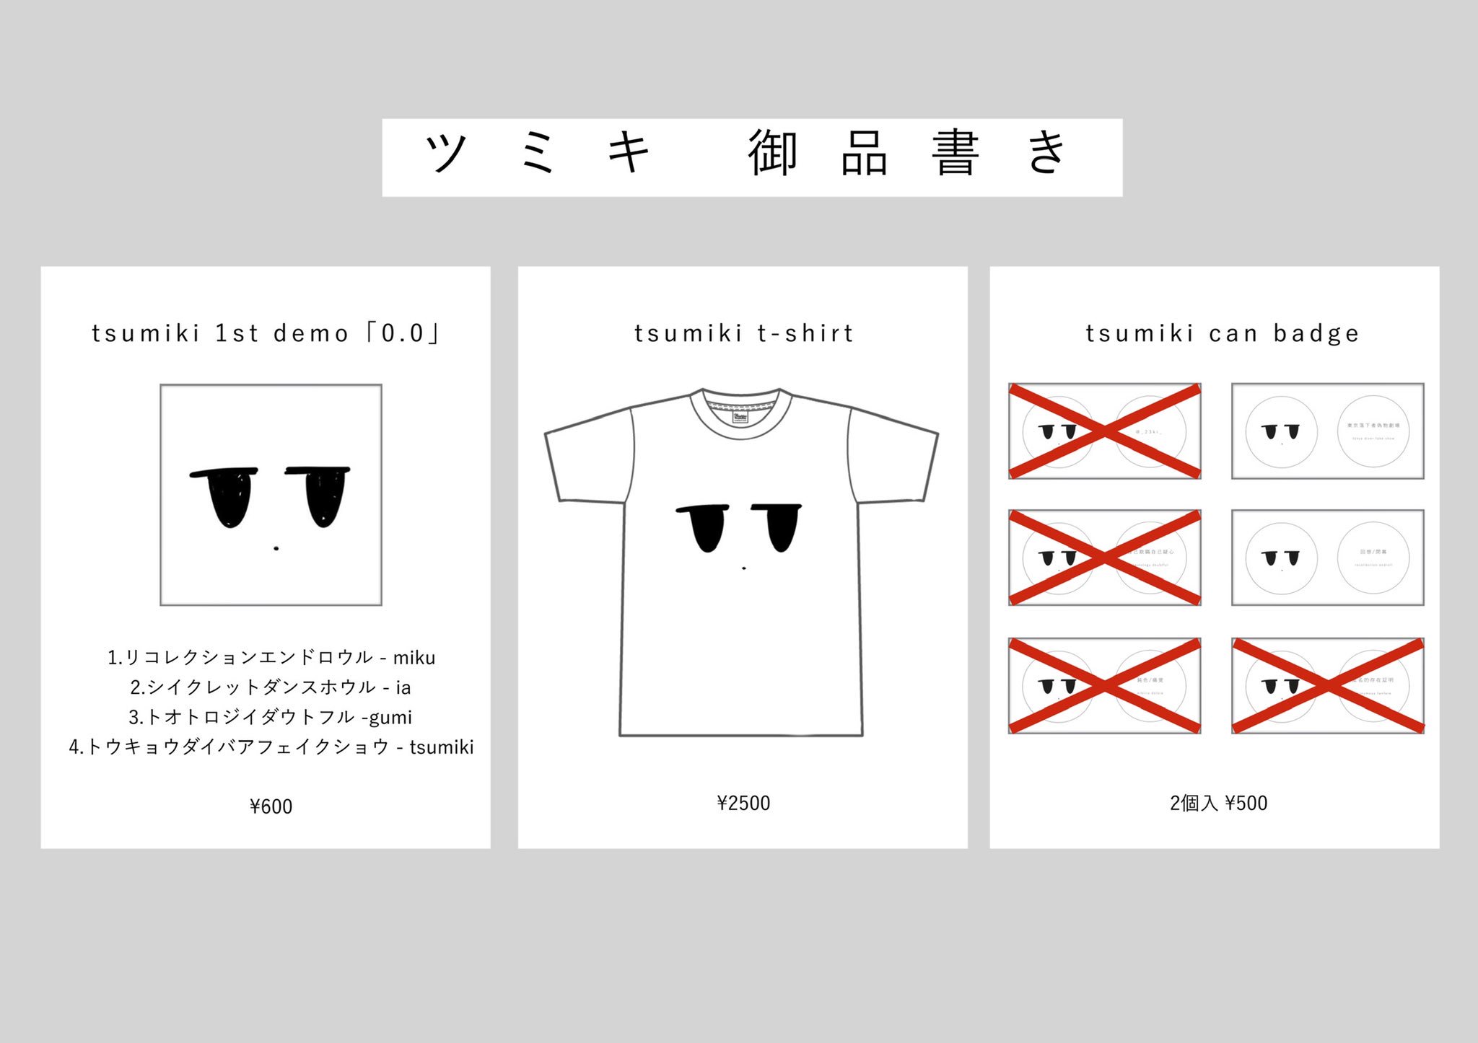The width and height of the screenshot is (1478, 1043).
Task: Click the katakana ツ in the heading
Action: click(446, 153)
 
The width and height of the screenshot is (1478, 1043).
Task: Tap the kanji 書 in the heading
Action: click(955, 153)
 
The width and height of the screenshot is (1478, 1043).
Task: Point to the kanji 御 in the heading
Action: click(772, 153)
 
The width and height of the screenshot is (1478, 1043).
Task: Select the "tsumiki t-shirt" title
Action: click(743, 333)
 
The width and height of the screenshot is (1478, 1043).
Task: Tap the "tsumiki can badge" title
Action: click(1222, 333)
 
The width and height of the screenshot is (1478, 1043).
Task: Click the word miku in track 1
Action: click(414, 658)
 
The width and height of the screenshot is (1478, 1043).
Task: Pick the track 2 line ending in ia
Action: click(271, 687)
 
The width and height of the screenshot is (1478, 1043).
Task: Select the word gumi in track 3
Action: click(392, 718)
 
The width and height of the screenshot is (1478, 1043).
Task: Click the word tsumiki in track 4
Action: click(442, 747)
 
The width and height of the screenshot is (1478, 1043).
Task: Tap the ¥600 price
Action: click(271, 806)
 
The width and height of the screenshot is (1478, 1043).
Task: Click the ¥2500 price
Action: click(743, 804)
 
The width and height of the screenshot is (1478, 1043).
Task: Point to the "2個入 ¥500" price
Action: click(1218, 804)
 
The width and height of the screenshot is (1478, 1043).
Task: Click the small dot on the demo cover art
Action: click(276, 549)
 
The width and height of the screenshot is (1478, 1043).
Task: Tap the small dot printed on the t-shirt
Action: click(744, 568)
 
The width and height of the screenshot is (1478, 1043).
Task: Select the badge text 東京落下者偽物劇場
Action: click(1373, 426)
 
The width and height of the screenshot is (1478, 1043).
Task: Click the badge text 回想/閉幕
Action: click(1373, 552)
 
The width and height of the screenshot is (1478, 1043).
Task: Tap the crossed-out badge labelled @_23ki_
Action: click(1149, 431)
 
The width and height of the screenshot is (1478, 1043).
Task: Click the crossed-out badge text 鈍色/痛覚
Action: click(1150, 680)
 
